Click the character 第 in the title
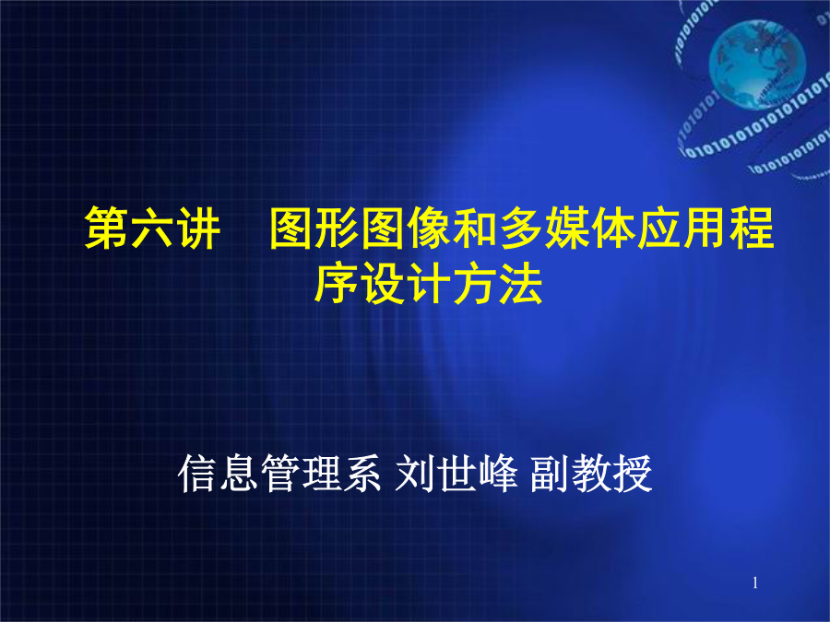[108, 228]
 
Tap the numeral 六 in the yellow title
[153, 228]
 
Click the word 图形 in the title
[315, 228]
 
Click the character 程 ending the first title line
[752, 228]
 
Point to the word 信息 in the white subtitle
[219, 474]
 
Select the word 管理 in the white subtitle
[300, 474]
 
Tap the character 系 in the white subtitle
[362, 474]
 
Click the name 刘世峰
[456, 474]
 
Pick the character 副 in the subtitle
[551, 474]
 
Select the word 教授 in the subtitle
[611, 474]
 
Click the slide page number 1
[755, 583]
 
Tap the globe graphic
[757, 64]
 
